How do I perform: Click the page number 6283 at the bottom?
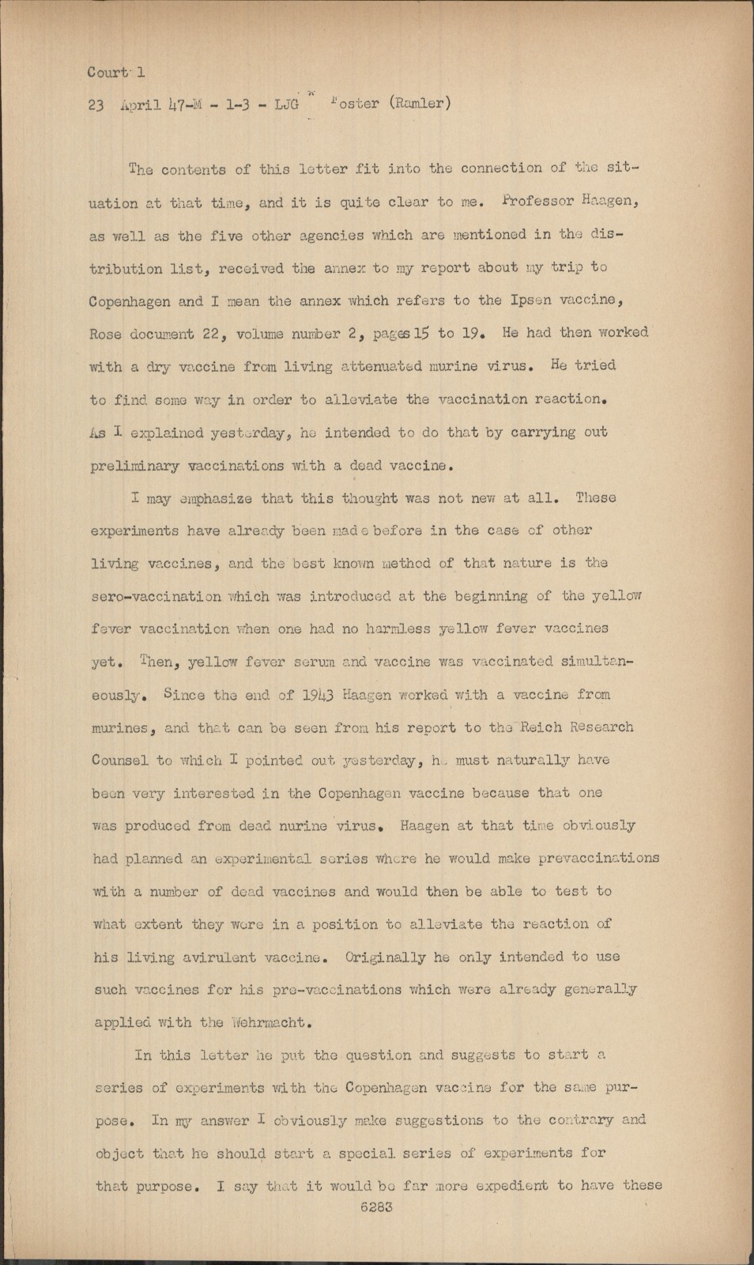[376, 1207]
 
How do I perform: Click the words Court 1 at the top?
[116, 72]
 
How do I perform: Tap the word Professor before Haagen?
[534, 202]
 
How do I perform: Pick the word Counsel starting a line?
[120, 761]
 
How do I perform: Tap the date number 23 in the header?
[96, 104]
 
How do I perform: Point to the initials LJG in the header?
[282, 104]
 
